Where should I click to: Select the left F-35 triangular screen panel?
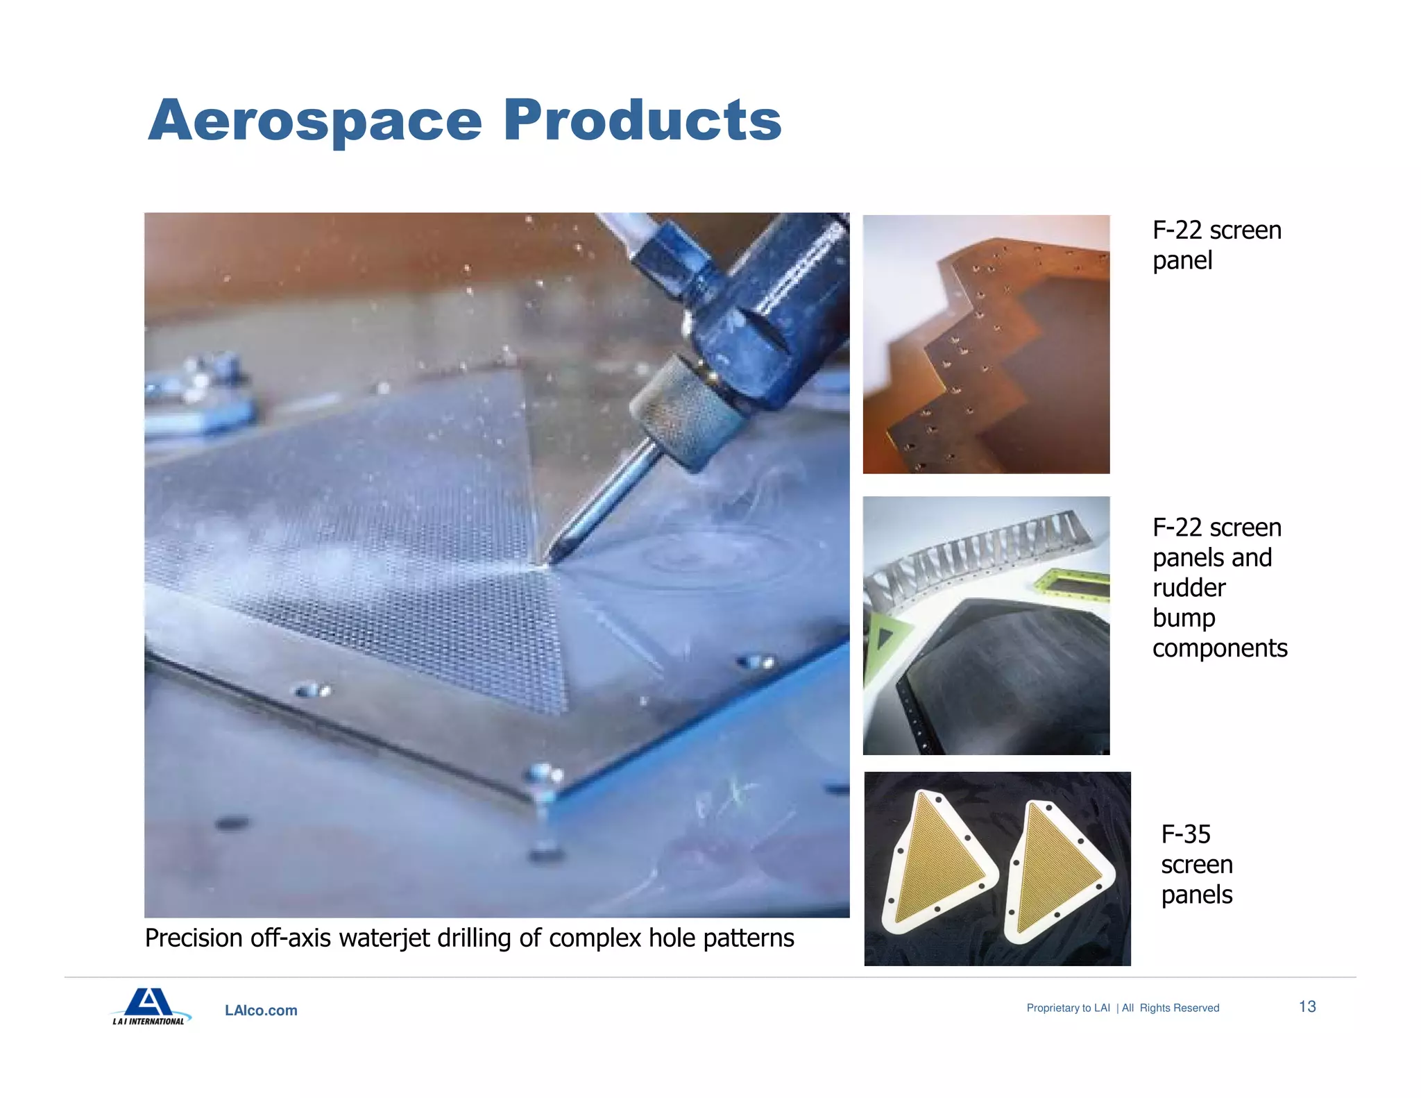click(x=937, y=864)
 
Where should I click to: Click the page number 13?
click(x=1307, y=1006)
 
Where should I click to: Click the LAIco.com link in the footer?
click(x=261, y=1011)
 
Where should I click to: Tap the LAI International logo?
click(x=149, y=1006)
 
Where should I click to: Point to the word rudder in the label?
click(x=1189, y=588)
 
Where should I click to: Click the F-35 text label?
click(x=1185, y=834)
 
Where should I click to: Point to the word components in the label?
click(x=1219, y=648)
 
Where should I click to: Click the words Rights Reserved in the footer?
click(x=1179, y=1008)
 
